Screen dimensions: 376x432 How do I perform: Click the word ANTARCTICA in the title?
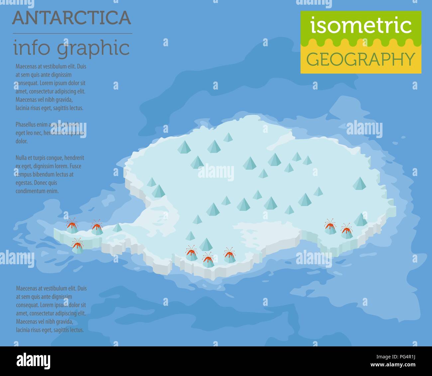click(x=71, y=18)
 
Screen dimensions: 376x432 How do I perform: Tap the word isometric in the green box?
click(x=361, y=26)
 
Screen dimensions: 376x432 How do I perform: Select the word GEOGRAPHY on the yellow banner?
click(x=361, y=59)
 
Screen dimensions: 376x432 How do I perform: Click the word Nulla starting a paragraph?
click(x=22, y=158)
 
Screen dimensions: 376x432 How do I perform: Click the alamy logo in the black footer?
click(x=34, y=361)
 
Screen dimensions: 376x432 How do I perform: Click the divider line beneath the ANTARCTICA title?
click(x=72, y=34)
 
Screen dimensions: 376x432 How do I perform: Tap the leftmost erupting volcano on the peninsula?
click(x=71, y=227)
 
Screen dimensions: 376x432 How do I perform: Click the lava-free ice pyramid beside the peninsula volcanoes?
click(x=118, y=228)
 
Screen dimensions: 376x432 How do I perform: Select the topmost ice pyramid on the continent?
click(x=228, y=137)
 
